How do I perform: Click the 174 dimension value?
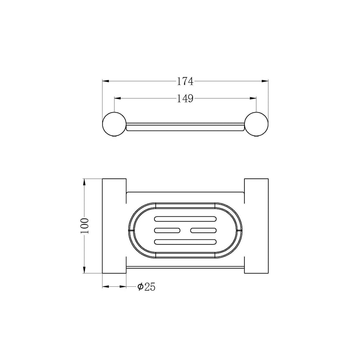point(185,81)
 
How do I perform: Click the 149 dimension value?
point(185,99)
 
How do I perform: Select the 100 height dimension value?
point(85,226)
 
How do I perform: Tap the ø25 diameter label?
point(146,287)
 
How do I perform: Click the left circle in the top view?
point(103,124)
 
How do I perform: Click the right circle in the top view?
point(268,124)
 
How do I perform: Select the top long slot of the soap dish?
point(185,219)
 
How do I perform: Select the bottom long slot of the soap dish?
point(185,242)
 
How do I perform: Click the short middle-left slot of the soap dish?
point(167,230)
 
